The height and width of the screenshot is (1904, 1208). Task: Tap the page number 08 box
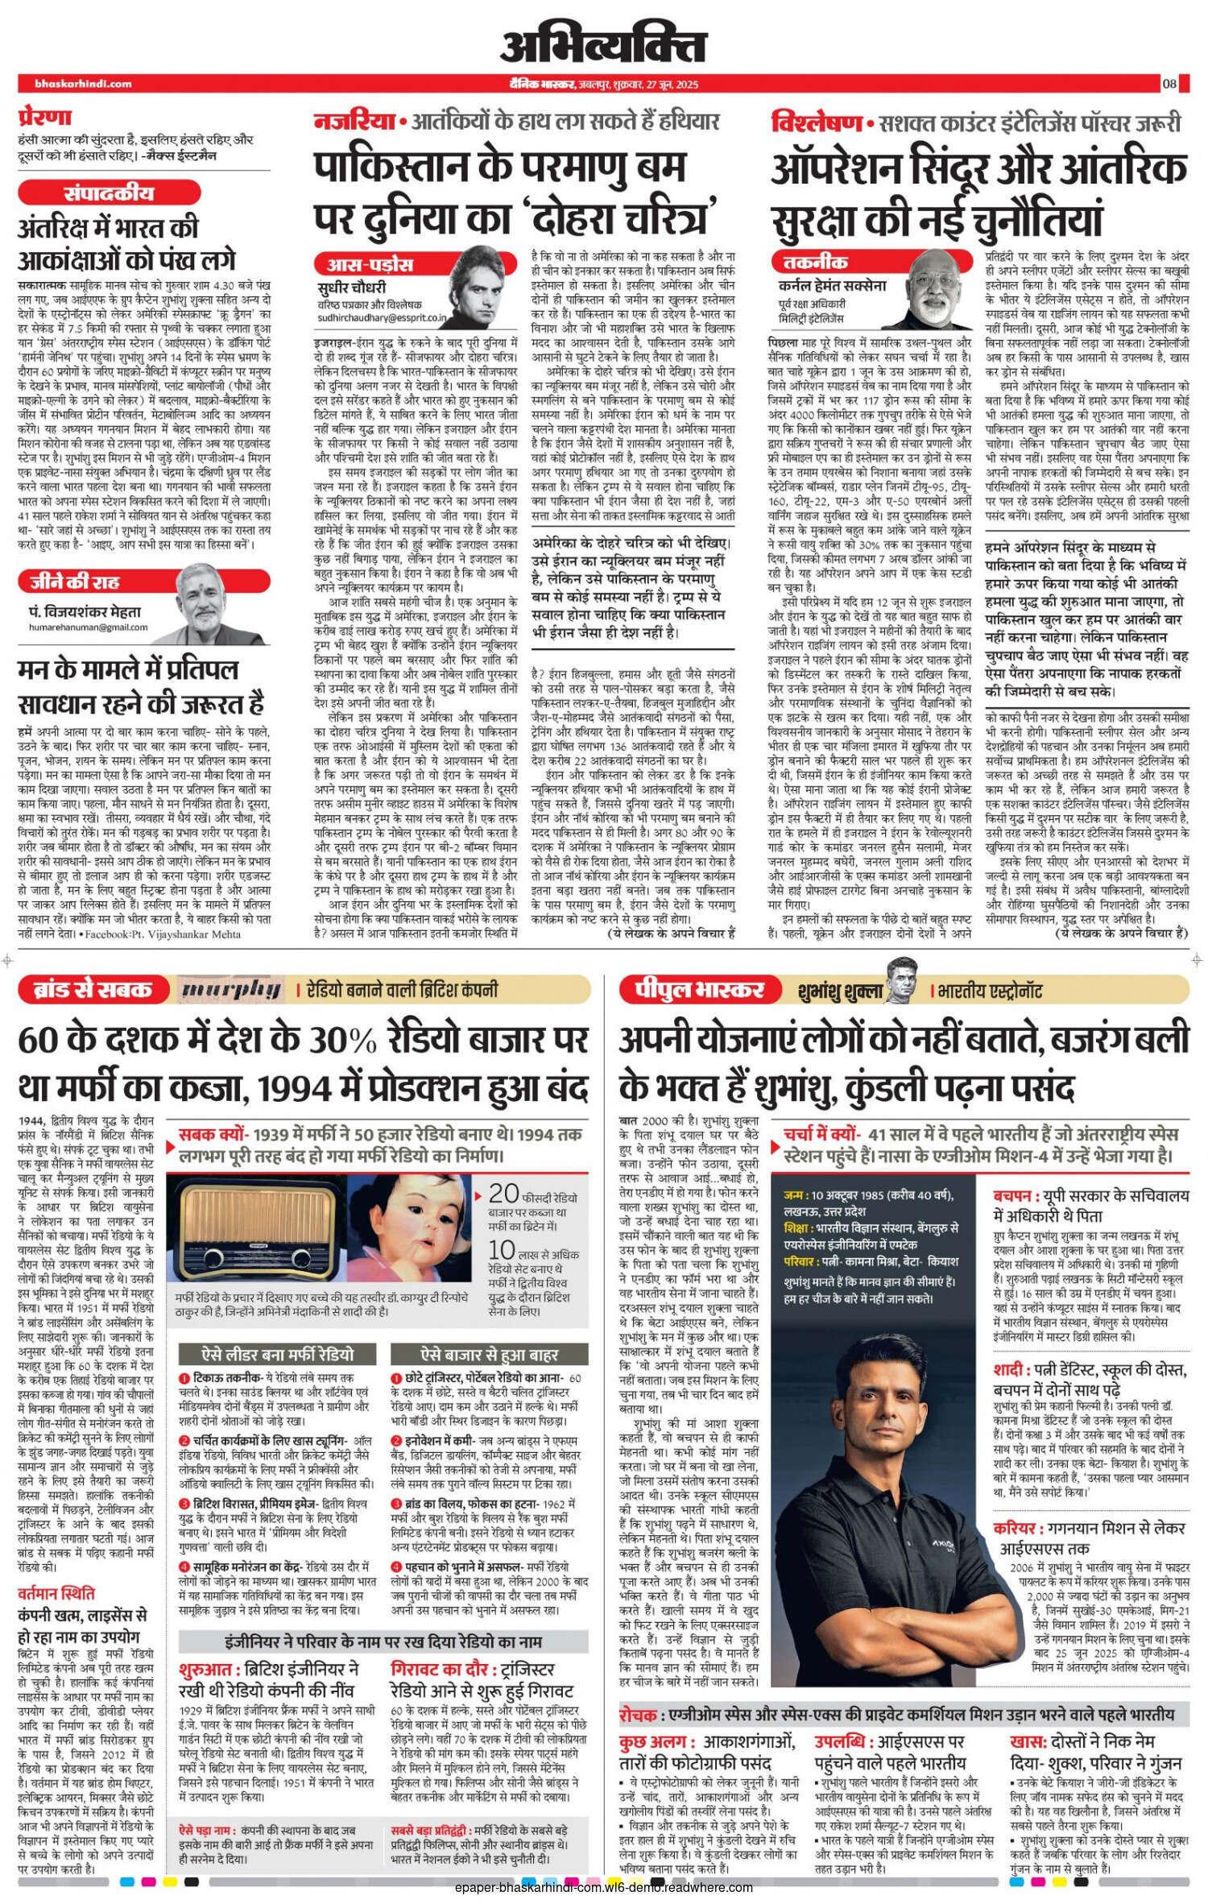[x=1169, y=84]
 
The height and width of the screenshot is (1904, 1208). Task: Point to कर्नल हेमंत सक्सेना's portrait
[x=938, y=287]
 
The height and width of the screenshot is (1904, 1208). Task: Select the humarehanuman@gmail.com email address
[x=88, y=627]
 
